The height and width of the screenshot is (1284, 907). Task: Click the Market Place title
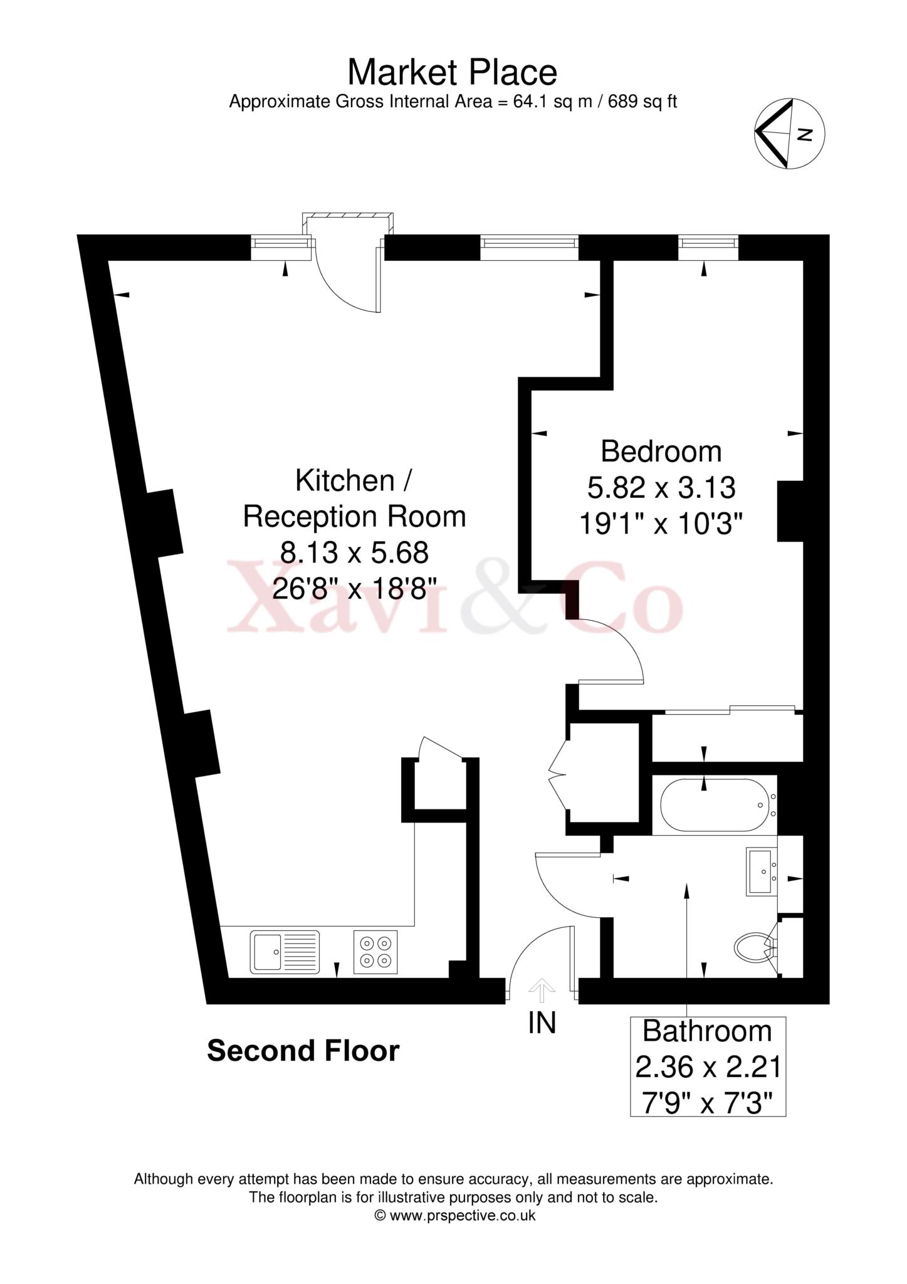452,73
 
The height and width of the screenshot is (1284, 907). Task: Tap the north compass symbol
789,134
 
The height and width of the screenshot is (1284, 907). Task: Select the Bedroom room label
661,451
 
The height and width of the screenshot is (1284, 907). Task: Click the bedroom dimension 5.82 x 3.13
661,487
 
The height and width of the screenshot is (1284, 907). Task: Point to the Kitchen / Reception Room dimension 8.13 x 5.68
354,553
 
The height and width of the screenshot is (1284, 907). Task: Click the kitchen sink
285,952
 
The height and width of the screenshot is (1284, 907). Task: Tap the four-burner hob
375,952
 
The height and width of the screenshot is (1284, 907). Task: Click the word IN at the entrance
542,1024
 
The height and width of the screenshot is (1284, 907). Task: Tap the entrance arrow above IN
542,991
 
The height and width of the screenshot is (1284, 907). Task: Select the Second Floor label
303,1051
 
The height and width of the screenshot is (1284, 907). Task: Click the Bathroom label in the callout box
707,1031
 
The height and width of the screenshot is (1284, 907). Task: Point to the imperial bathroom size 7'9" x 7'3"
707,1103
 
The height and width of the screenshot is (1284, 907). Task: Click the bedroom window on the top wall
708,247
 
